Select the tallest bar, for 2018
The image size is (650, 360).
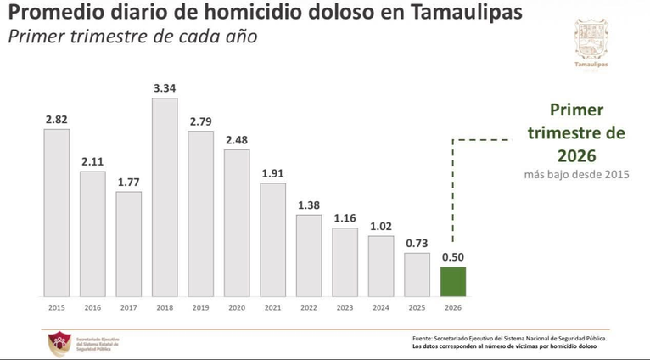pos(165,196)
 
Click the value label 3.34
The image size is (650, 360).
pos(165,87)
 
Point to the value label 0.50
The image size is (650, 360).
pos(452,256)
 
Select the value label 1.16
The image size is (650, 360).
pos(345,218)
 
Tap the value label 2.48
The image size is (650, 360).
pos(237,140)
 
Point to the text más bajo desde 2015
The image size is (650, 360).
pos(577,175)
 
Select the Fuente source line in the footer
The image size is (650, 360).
pos(509,338)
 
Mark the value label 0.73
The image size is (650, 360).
pos(417,243)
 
